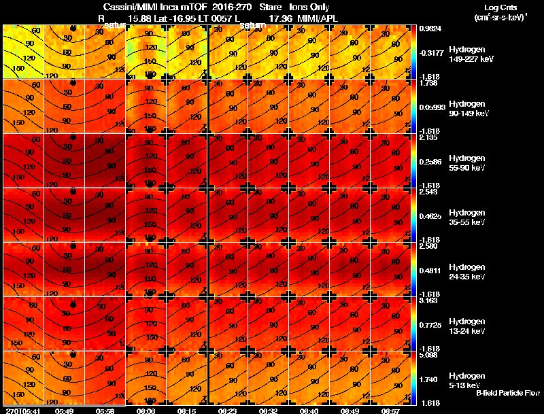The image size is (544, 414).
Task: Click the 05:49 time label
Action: tap(65, 411)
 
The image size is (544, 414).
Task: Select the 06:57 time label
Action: tap(390, 411)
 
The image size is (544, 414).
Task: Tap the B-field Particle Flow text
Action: tap(507, 393)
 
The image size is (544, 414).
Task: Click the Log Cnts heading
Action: tap(500, 7)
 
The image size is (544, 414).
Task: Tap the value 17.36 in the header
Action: tap(281, 18)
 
